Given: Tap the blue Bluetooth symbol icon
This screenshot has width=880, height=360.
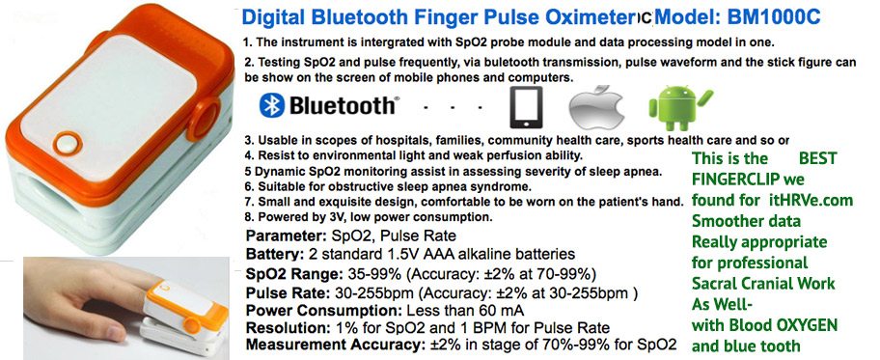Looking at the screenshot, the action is [272, 105].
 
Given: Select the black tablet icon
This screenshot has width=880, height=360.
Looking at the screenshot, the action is [526, 107].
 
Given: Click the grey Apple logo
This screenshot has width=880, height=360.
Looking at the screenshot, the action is [596, 108].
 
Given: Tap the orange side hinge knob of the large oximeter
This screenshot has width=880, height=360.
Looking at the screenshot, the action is [204, 118].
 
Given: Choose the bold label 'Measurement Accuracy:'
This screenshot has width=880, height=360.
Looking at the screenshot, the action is [333, 345].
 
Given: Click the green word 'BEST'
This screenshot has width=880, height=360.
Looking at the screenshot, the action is [817, 158].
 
